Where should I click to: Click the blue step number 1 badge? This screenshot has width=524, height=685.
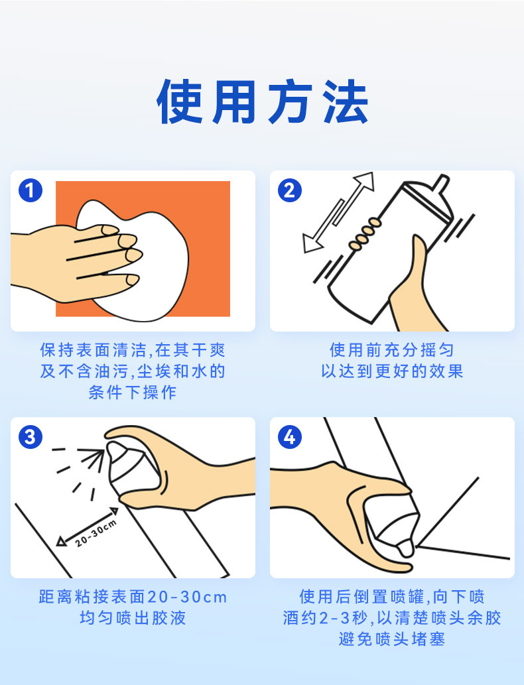click(31, 190)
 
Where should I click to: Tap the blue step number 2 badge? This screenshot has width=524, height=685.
click(290, 190)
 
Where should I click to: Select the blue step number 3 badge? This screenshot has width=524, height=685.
click(31, 437)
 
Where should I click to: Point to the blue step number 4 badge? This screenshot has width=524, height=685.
click(290, 437)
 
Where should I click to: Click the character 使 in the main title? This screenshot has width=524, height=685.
click(180, 102)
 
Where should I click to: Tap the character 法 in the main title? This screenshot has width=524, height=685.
click(346, 102)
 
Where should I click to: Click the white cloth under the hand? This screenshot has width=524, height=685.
click(144, 262)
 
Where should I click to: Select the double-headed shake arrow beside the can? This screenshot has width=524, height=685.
click(339, 212)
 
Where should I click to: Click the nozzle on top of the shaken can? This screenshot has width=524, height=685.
click(441, 184)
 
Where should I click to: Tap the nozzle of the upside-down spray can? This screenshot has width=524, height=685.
click(405, 548)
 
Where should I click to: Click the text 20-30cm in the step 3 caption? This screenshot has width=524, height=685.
click(188, 597)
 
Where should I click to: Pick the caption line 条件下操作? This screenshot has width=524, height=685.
click(133, 393)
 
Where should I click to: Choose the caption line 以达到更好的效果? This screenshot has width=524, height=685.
click(392, 371)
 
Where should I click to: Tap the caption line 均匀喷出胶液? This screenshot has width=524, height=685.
click(133, 618)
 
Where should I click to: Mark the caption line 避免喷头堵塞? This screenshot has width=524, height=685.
click(392, 639)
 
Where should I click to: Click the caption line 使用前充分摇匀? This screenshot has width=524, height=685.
click(392, 349)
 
